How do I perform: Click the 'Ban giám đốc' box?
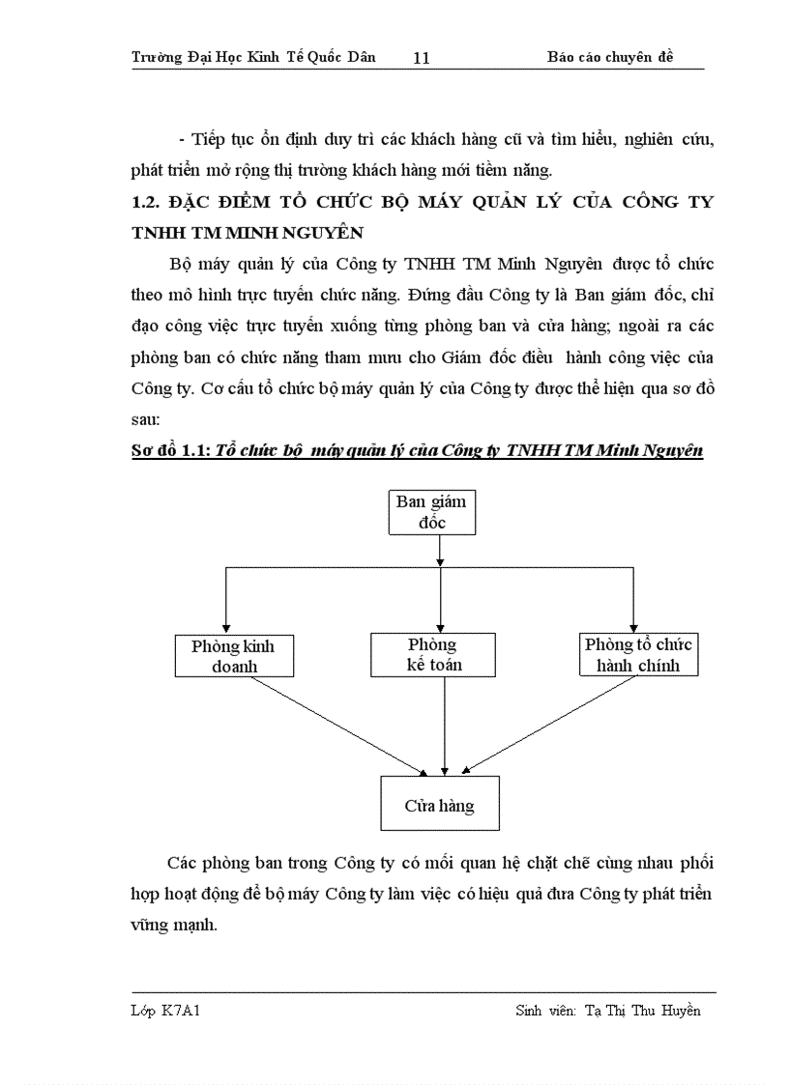point(431,512)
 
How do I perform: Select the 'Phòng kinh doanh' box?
point(234,655)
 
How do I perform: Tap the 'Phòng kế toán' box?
point(432,654)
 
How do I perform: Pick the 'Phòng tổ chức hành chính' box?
point(638,654)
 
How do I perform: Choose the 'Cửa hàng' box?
point(440,803)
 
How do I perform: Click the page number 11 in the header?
point(421,58)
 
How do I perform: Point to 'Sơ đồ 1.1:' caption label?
point(171,451)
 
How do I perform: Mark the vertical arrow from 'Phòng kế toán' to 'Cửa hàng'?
point(443,725)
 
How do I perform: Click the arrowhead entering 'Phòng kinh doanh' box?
point(225,626)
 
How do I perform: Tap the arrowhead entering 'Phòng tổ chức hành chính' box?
point(633,626)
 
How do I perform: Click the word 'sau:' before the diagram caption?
point(146,420)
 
